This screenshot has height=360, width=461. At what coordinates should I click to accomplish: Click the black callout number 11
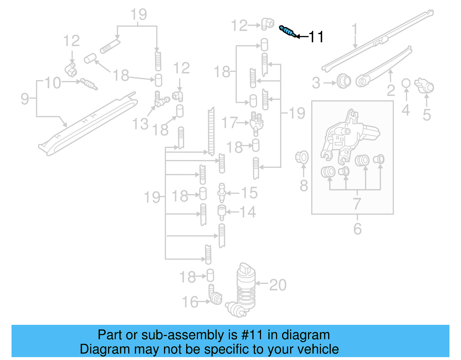[x=316, y=37]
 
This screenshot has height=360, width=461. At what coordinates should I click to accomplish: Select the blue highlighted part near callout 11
[x=287, y=31]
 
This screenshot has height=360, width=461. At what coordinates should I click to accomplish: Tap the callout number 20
[x=278, y=285]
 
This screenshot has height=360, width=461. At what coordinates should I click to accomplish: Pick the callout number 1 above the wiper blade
[x=355, y=30]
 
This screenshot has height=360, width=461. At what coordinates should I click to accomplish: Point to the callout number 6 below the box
[x=357, y=229]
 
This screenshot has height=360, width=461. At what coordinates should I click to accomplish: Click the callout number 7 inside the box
[x=357, y=203]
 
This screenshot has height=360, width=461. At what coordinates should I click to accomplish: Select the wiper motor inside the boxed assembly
[x=350, y=135]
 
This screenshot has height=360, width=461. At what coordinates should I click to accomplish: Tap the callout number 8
[x=304, y=186]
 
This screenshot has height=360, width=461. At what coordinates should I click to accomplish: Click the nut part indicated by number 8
[x=302, y=157]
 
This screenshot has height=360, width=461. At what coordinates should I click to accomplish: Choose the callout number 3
[x=316, y=83]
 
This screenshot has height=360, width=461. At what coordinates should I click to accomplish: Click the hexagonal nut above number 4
[x=406, y=83]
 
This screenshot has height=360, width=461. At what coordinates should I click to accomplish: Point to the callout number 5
[x=427, y=115]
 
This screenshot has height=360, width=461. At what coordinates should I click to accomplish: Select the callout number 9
[x=25, y=99]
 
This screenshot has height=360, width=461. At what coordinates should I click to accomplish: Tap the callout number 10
[x=53, y=83]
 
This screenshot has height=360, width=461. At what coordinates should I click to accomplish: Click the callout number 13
[x=140, y=124]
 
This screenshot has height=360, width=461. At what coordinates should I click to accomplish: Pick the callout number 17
[x=229, y=123]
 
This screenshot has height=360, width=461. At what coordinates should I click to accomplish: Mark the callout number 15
[x=249, y=193]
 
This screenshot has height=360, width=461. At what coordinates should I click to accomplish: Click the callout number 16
[x=190, y=302]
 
